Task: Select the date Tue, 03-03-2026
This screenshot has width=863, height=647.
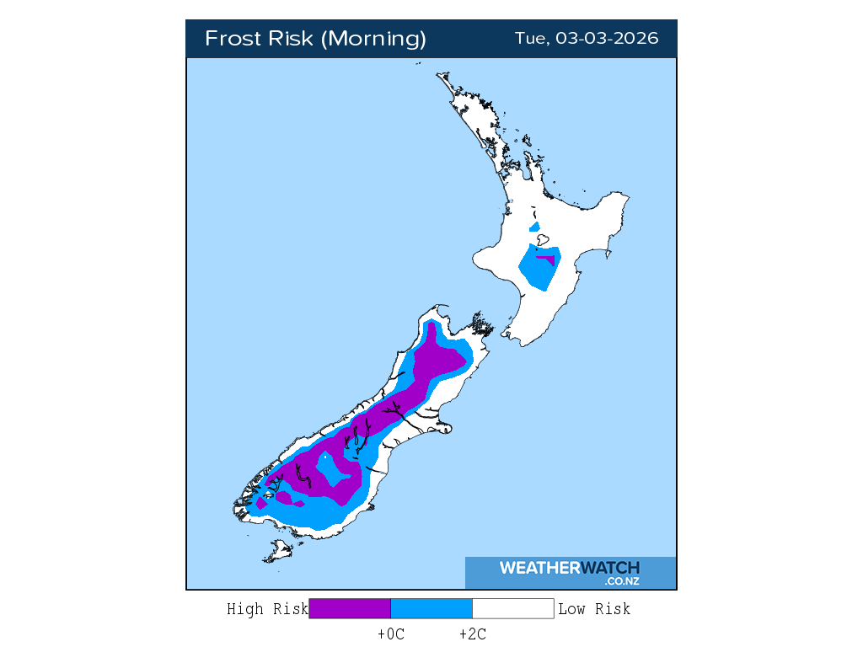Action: tap(587, 39)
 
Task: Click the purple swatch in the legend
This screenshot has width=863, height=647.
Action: tap(350, 608)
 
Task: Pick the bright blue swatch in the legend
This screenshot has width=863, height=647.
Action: tap(431, 608)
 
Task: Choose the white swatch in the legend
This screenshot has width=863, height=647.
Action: tap(512, 608)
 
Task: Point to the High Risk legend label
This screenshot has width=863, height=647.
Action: tap(267, 608)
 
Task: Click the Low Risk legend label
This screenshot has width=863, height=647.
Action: tap(594, 608)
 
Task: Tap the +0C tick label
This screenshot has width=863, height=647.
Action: tap(391, 634)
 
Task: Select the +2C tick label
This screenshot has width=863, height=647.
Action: tap(472, 634)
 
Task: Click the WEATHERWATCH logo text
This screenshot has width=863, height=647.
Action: tap(569, 568)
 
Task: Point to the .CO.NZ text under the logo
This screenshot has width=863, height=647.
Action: tap(621, 581)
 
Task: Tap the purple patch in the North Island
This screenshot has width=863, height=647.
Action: tap(549, 258)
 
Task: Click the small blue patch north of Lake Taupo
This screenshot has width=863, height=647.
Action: tap(534, 227)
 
